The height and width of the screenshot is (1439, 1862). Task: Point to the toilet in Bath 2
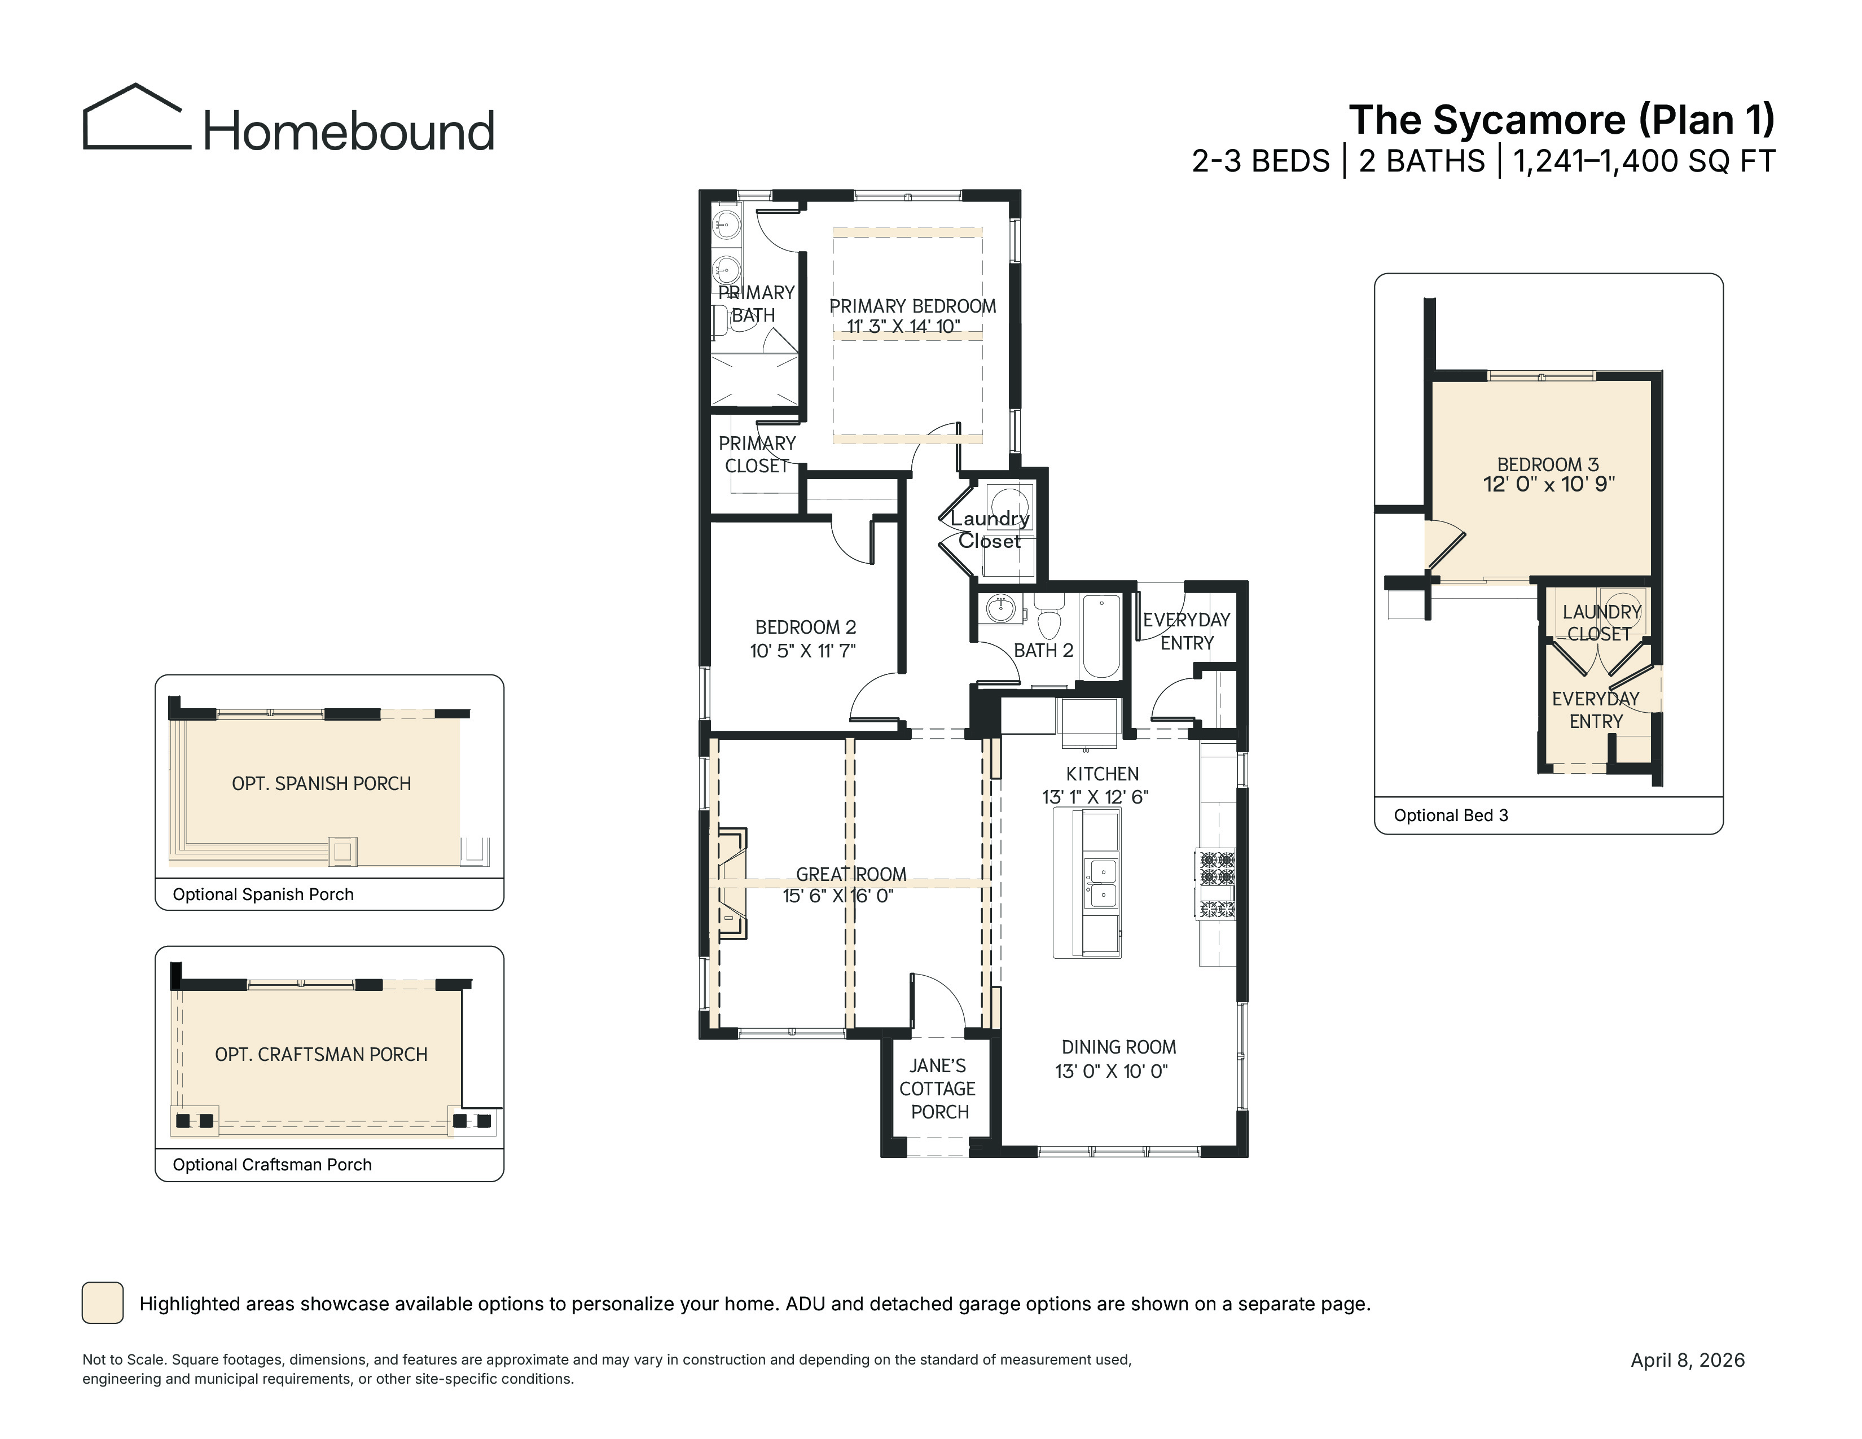pos(1049,616)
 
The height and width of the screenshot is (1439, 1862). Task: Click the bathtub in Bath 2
pos(1101,637)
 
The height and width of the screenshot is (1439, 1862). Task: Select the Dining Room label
pos(1118,1047)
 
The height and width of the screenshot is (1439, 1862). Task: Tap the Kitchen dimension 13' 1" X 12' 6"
pos(1096,797)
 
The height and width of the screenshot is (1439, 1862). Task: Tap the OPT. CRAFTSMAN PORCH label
pos(322,1055)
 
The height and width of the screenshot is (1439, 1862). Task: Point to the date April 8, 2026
pos(1688,1361)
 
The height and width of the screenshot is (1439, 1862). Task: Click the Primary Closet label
pos(757,454)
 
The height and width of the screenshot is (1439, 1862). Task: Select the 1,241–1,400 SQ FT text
pos(1644,161)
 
